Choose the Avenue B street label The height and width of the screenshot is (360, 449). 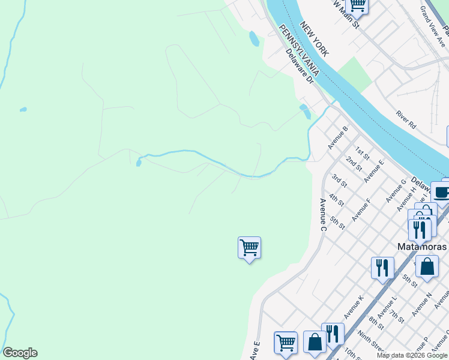(338, 138)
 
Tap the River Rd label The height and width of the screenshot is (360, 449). (406, 120)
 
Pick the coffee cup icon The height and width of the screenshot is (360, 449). (442, 193)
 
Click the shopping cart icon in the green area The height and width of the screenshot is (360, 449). (249, 247)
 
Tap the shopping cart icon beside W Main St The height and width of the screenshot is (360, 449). (358, 5)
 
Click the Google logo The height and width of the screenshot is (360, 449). (20, 353)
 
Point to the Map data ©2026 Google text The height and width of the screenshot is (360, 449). (411, 355)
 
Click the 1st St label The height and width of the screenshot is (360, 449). (361, 152)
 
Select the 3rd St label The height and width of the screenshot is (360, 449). (339, 180)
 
